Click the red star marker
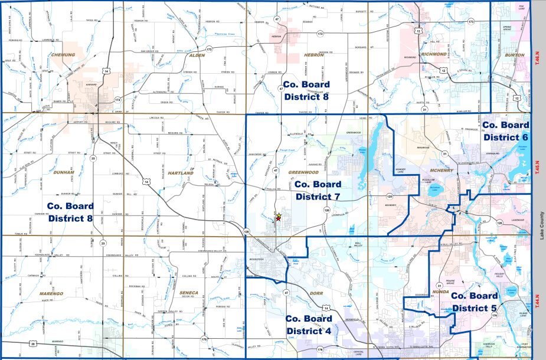pyautogui.click(x=278, y=218)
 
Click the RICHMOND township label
pyautogui.click(x=434, y=54)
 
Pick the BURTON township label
pyautogui.click(x=515, y=55)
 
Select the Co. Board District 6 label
pyautogui.click(x=505, y=130)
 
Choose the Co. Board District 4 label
pyautogui.click(x=308, y=324)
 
